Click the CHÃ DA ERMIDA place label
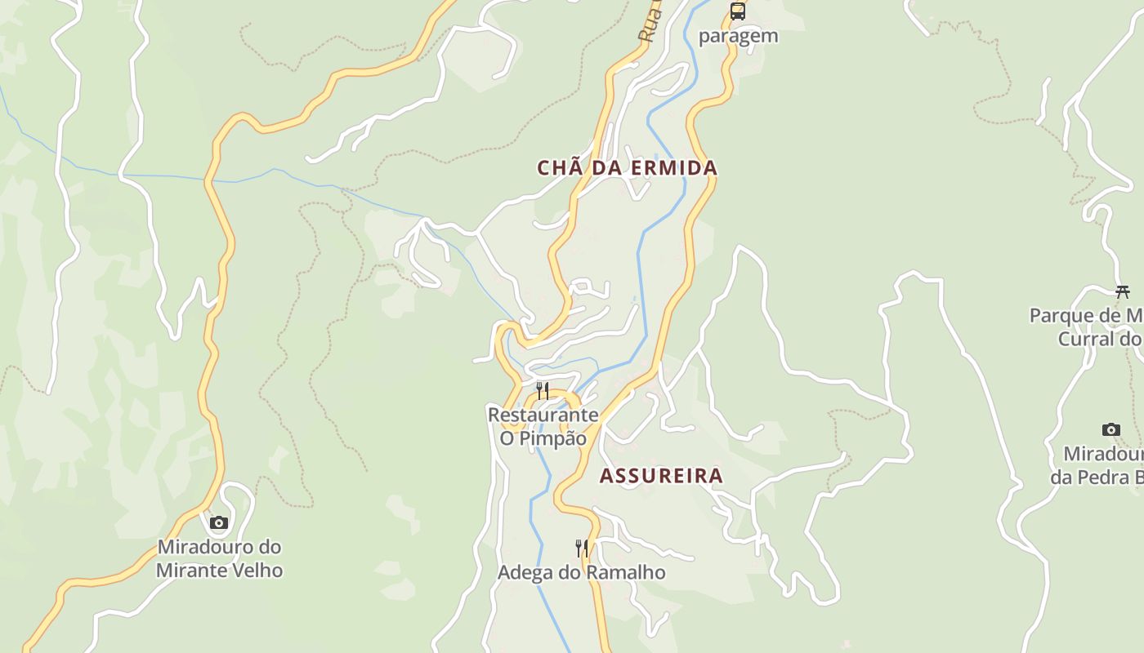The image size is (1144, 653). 627,168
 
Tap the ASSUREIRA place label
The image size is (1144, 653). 661,476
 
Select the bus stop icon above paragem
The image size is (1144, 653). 738,11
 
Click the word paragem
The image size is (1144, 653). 739,36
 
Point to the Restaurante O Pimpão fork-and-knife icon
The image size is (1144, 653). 542,390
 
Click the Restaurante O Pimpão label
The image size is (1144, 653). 543,426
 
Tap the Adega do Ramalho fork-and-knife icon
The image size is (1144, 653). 582,548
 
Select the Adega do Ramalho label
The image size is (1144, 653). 581,572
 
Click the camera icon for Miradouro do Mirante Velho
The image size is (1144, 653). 218,522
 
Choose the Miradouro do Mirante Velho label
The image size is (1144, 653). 219,558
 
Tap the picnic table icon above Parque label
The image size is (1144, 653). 1122,291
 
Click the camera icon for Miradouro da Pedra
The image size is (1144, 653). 1110,429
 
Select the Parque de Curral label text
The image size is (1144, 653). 1087,326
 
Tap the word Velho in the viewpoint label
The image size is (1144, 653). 254,570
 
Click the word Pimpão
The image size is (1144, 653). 554,438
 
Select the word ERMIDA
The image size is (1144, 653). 675,168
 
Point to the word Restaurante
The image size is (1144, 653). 543,415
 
